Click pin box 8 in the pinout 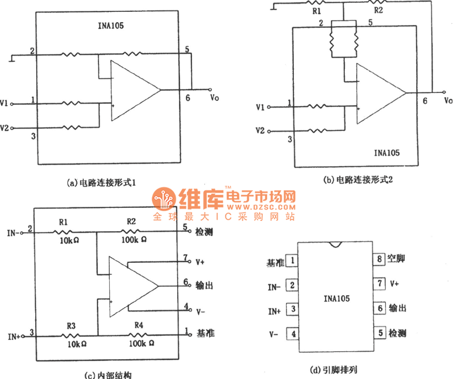point(379,259)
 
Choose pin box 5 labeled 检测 point(379,333)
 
